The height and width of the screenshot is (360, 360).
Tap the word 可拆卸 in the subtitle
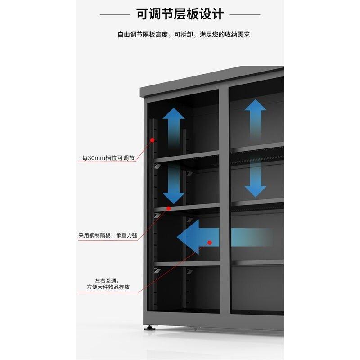tap(184, 34)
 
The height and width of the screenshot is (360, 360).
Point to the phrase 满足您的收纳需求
tap(222, 34)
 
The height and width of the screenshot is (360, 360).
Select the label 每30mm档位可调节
tap(108, 158)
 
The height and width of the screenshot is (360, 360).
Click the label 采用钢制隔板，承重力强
tap(108, 235)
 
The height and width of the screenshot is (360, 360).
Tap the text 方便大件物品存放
tap(108, 287)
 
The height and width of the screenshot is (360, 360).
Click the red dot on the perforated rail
tap(153, 140)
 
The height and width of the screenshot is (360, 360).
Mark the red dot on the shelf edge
tap(169, 208)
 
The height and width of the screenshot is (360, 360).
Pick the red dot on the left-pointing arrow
tap(210, 243)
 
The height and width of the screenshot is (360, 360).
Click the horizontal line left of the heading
tap(115, 14)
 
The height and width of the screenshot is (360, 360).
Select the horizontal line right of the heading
tap(245, 14)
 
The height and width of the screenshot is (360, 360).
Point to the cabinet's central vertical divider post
tap(225, 202)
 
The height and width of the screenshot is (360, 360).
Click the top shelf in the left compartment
tap(187, 157)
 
